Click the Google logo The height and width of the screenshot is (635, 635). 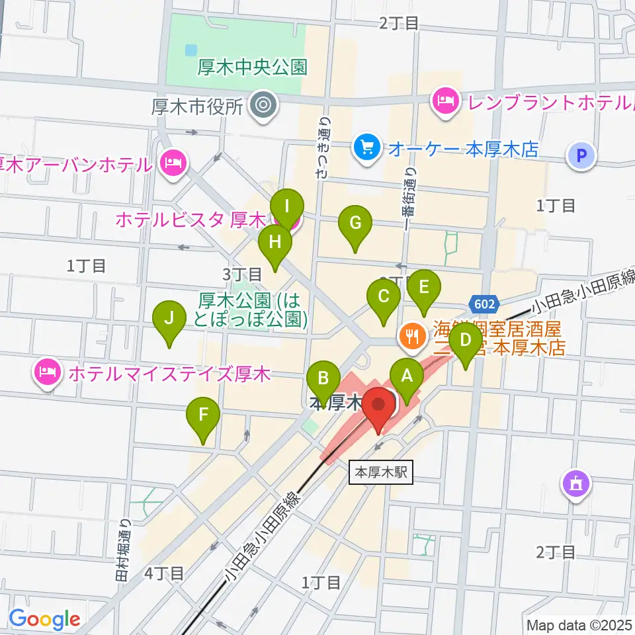45,619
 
